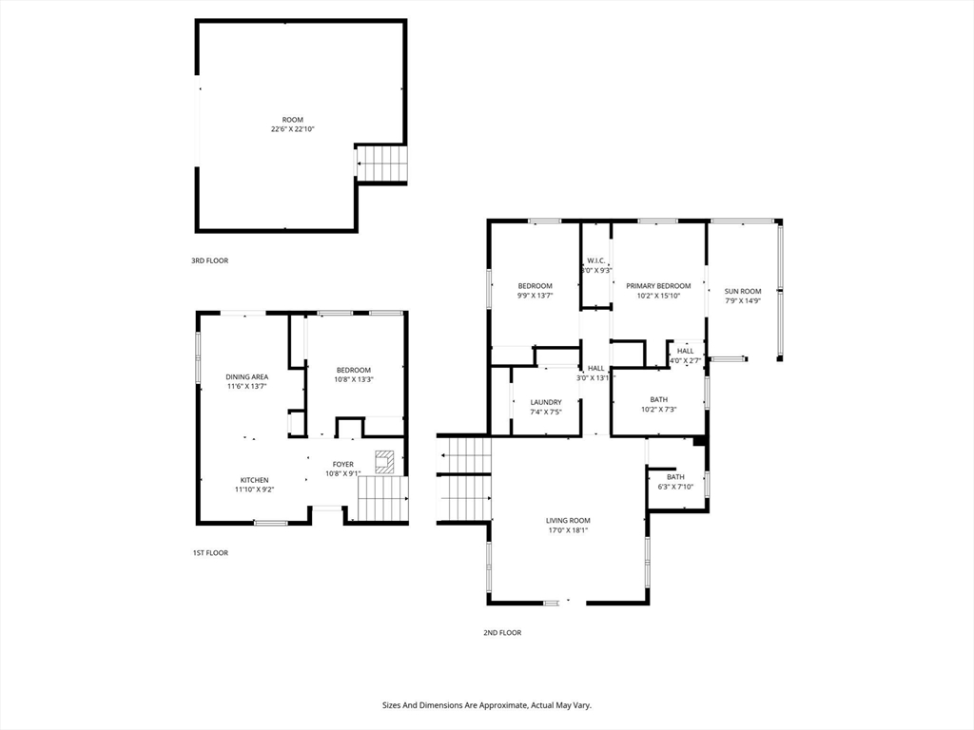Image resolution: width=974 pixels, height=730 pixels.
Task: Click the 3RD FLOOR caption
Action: click(x=209, y=260)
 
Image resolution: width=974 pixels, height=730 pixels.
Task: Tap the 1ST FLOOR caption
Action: click(x=210, y=553)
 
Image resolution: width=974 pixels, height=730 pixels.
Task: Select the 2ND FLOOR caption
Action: click(x=502, y=633)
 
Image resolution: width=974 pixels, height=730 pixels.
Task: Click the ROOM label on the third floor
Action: click(x=293, y=120)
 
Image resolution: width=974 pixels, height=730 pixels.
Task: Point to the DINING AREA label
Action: click(x=246, y=376)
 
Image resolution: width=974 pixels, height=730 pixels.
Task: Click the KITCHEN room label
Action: click(x=255, y=480)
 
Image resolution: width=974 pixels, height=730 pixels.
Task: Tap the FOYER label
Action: click(x=342, y=464)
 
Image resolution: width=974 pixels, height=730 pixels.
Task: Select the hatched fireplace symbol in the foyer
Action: click(x=384, y=462)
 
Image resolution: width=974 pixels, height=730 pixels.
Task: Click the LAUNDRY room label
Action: click(x=546, y=402)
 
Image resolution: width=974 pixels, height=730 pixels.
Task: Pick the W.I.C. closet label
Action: click(x=596, y=261)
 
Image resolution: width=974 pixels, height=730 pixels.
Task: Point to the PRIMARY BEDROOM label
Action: click(x=658, y=286)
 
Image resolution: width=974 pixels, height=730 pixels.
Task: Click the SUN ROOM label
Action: click(x=743, y=291)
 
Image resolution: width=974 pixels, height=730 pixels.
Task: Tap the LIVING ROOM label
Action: click(x=568, y=521)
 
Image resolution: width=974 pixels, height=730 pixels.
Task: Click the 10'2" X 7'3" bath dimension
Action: click(x=658, y=410)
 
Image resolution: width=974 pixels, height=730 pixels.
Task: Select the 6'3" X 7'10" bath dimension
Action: click(x=675, y=487)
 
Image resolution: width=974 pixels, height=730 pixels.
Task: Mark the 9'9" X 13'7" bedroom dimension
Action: click(x=535, y=297)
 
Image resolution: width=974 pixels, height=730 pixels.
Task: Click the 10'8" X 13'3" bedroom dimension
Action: click(x=354, y=380)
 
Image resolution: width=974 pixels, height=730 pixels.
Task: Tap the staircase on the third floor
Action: click(x=380, y=163)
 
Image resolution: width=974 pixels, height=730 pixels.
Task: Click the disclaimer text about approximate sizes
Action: click(x=486, y=706)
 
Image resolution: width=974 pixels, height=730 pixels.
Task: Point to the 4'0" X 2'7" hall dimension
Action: click(x=685, y=360)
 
